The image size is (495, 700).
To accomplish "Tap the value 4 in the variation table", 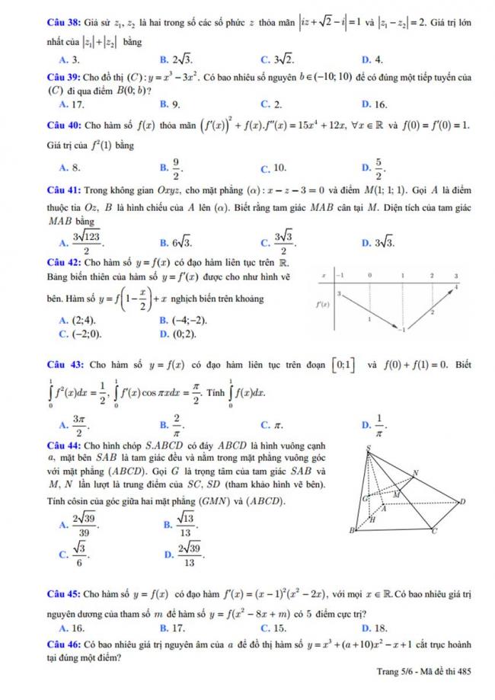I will coord(457,286).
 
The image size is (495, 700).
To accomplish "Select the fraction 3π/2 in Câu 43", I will coord(78,424).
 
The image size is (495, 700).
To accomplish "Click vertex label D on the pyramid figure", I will coord(462,500).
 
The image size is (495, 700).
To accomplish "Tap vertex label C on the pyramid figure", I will coord(435,532).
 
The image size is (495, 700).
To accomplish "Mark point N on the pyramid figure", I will coord(416,473).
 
